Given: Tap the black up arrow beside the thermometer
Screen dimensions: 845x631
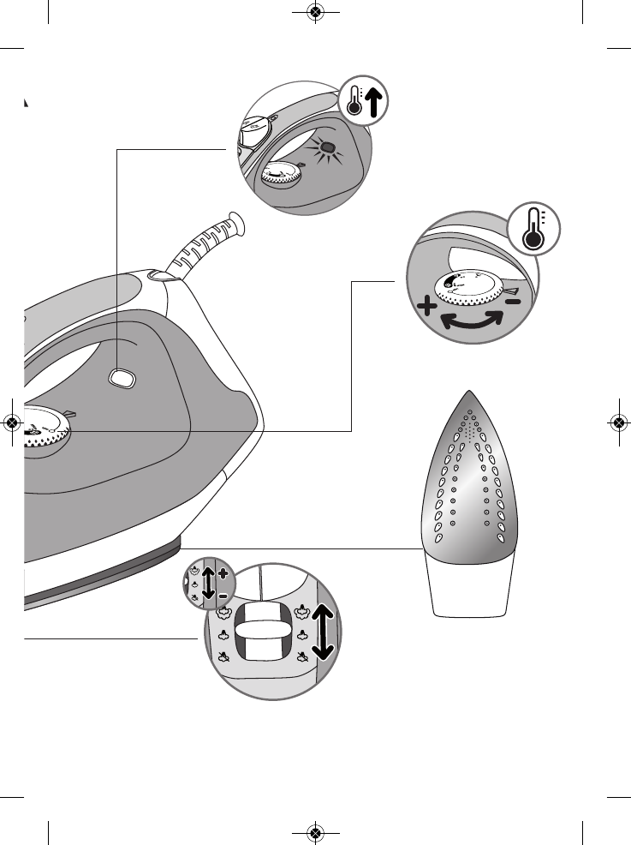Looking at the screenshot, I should pos(374,102).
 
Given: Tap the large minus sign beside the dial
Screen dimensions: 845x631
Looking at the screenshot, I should pos(511,302).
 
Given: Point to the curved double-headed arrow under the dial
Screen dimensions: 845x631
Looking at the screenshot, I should pos(471,321).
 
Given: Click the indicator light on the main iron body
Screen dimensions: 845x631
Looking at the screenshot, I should pos(122,377).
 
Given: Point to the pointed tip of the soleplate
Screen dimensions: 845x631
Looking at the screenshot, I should pos(467,395).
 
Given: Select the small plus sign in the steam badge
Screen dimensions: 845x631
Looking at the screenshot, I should pos(223,572).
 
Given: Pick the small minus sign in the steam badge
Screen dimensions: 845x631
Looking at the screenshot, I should pos(223,595).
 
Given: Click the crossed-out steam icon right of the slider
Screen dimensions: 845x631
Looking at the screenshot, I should pos(302,658).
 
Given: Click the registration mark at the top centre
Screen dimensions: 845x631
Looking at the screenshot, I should pos(315,12).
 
